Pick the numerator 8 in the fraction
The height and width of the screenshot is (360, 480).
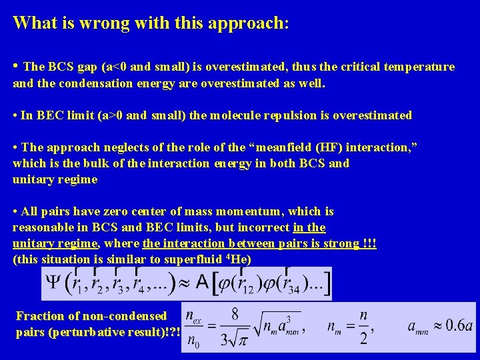point(235,313)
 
